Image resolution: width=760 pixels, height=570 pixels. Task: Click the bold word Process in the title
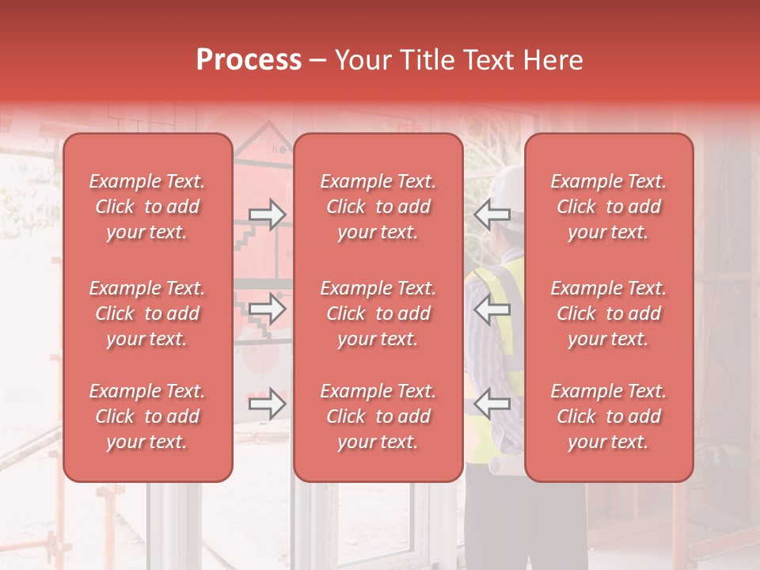(249, 60)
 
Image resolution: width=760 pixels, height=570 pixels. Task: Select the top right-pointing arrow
(267, 214)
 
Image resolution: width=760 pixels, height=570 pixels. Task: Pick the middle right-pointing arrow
(267, 309)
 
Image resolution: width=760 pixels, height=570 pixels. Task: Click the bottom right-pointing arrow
(267, 405)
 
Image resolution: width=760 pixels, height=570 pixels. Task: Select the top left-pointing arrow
(492, 214)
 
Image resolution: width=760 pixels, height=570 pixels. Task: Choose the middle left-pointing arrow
(492, 309)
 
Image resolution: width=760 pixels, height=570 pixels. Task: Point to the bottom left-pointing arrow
(492, 405)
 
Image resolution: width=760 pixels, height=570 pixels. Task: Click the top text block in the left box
(147, 207)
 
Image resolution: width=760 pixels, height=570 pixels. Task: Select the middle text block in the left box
(147, 313)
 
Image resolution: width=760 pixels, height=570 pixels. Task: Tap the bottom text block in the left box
(147, 416)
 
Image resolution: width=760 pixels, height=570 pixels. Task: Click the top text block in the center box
(378, 207)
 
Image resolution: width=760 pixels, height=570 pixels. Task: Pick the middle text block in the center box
(378, 313)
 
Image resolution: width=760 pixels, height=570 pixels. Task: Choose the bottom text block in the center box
(378, 416)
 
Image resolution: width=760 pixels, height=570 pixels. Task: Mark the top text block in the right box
(608, 207)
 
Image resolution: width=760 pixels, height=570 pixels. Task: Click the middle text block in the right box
(608, 313)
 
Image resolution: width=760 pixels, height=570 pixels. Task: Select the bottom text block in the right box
(608, 416)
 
